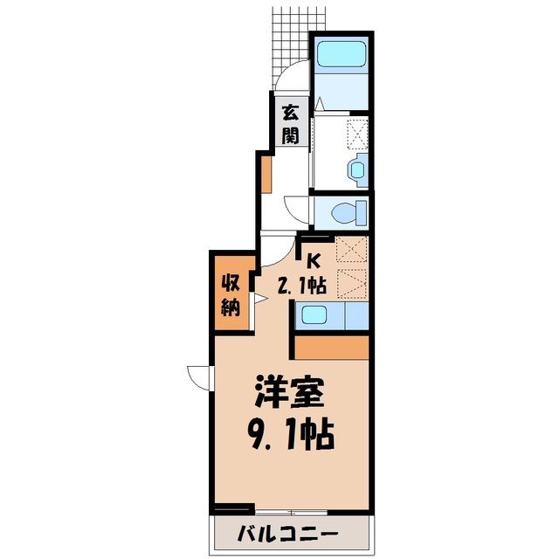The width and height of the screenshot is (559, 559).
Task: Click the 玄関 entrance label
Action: click(x=290, y=124)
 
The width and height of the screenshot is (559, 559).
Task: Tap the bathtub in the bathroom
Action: click(x=342, y=54)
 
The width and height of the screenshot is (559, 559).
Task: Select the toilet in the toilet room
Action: click(x=349, y=213)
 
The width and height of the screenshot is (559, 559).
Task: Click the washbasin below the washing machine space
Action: click(x=358, y=169)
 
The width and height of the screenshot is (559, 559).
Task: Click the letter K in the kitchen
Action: click(x=313, y=261)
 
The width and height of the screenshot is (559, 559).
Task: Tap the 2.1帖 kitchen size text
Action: click(x=301, y=286)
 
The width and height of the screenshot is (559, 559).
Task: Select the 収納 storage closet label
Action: click(x=231, y=295)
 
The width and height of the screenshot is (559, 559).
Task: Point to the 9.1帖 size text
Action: click(x=291, y=436)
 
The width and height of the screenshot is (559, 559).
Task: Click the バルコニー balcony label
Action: click(x=287, y=534)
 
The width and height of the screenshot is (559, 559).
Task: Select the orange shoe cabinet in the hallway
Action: click(x=266, y=175)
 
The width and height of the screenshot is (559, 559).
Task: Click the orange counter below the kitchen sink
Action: click(x=332, y=348)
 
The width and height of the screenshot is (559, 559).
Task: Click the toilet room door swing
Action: click(x=295, y=211)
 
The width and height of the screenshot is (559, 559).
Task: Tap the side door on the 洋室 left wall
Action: click(x=200, y=378)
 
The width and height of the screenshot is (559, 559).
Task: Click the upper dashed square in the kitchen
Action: click(x=351, y=250)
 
